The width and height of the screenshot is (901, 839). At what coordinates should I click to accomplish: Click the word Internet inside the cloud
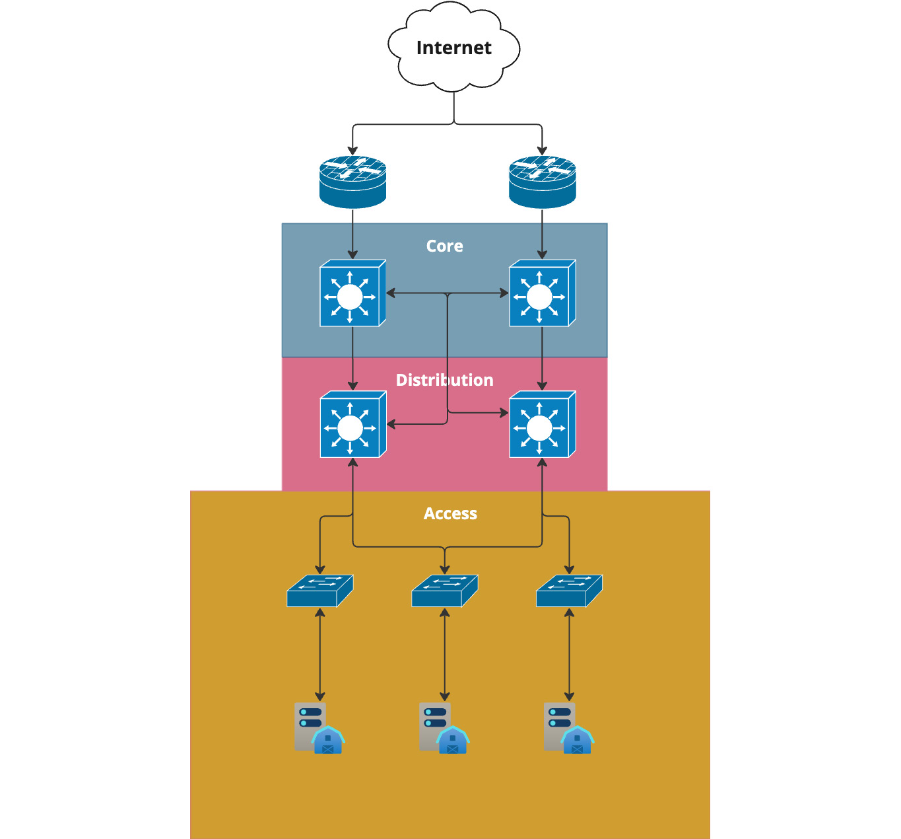coord(453,48)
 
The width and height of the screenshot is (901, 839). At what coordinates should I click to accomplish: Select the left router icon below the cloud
coord(352,182)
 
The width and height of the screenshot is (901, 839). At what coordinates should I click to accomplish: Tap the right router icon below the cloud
coord(542,182)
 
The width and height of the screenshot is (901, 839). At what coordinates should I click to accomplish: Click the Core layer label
coord(444,246)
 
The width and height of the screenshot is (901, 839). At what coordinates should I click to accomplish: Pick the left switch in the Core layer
coord(352,293)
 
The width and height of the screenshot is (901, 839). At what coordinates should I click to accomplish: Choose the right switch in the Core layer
coord(542,293)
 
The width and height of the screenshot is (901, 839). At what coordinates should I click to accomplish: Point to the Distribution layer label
coord(444,381)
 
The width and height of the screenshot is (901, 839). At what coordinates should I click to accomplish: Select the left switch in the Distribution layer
coord(352,425)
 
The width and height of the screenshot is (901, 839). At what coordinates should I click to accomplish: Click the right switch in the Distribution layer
coord(542,425)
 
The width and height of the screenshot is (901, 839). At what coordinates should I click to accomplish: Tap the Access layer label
coord(450,514)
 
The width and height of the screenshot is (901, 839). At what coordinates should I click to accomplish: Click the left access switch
coord(319,591)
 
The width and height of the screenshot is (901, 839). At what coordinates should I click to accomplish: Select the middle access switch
coord(444,591)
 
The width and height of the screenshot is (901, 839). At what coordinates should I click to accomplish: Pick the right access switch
coord(569,591)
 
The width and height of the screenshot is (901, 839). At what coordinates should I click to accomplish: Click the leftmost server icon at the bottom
coord(319,728)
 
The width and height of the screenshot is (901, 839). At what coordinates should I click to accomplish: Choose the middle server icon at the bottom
coord(444,728)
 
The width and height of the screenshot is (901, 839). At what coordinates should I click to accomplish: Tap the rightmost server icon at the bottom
coord(568,728)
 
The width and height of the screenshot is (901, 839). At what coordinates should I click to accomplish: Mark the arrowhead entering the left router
coord(352,151)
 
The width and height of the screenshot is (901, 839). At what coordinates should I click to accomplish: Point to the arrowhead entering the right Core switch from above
coord(542,254)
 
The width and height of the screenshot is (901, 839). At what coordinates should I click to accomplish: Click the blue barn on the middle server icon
coord(453,741)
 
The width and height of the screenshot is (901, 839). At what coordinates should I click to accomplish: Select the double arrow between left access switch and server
coord(319,654)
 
